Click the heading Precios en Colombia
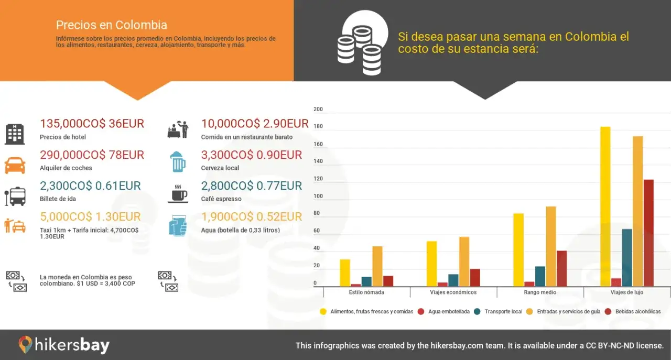point(111,25)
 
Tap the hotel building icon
point(15,134)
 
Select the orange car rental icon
point(15,166)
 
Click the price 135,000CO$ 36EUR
point(92,124)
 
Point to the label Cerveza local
point(220,168)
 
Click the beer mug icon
point(178,162)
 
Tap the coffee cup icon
point(178,193)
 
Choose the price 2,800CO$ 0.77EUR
point(251,186)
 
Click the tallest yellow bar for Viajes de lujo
point(605,206)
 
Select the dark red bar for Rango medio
point(561,268)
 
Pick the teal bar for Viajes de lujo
point(626,257)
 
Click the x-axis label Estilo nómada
point(366,292)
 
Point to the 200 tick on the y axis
point(318,110)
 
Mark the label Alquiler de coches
point(66,168)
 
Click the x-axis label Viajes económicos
point(453,292)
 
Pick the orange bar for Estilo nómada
point(377,266)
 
